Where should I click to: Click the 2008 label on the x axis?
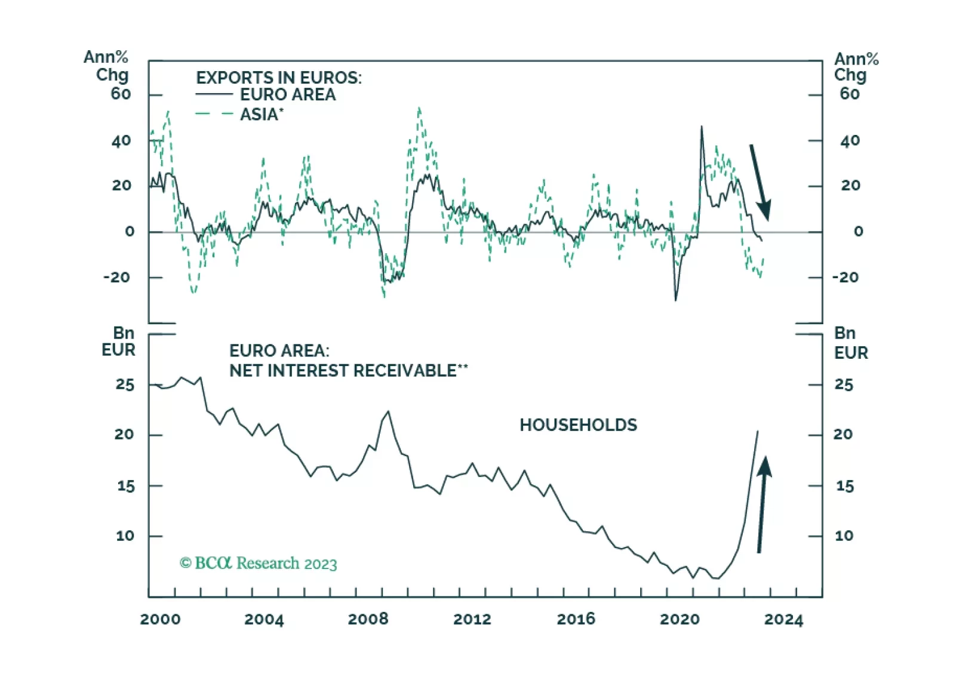point(368,619)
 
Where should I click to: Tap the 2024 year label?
point(783,619)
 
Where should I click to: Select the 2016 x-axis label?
point(576,619)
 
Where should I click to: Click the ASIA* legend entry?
point(262,114)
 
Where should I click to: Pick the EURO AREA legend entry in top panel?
point(287,94)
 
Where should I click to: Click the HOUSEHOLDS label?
point(578,425)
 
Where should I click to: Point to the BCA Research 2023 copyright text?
point(259,563)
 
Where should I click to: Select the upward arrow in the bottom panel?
point(762,504)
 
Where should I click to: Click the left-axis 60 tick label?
point(121,94)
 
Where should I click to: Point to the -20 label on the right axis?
point(846,277)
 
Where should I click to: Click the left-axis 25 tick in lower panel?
point(125,384)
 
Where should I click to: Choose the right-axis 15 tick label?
point(844,486)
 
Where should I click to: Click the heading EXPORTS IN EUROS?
point(279,78)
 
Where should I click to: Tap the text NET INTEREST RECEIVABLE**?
point(348,371)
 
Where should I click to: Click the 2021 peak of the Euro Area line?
point(702,127)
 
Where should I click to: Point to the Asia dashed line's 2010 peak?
point(419,108)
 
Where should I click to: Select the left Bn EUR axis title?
point(119,341)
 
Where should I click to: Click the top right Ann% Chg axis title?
point(855,67)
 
